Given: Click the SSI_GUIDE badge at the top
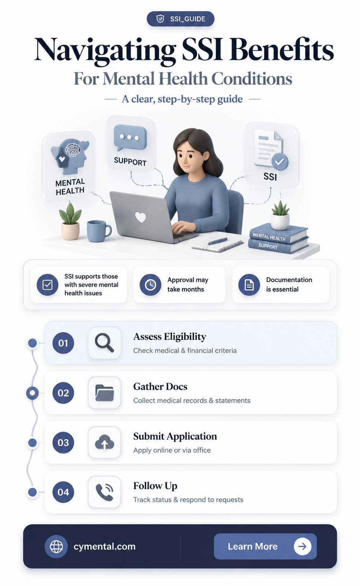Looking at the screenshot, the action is tap(180, 19).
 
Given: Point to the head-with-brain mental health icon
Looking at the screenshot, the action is tap(70, 156).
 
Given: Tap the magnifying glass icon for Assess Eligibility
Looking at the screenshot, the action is tap(104, 343).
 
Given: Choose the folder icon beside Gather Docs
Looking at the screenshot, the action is tap(104, 393).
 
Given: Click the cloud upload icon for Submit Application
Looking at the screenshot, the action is tap(104, 442).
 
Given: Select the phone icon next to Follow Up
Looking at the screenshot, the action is tap(104, 492).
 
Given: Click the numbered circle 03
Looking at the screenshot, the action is tap(63, 442).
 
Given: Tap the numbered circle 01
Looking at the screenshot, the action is tap(63, 343).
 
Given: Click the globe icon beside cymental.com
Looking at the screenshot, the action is tap(56, 546).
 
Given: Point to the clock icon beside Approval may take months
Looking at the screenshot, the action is tap(150, 285).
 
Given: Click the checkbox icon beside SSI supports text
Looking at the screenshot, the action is tap(47, 285).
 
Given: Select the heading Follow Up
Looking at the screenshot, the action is tap(155, 486).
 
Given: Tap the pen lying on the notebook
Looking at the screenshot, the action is tap(217, 241).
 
